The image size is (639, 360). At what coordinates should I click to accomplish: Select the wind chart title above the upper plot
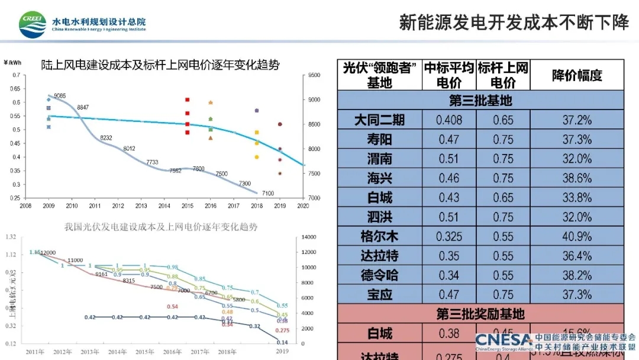coord(160,65)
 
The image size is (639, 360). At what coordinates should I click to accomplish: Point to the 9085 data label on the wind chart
coord(60,96)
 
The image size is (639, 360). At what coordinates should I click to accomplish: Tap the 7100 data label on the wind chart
coord(267,194)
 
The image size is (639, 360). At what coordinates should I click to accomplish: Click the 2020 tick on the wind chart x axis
coord(303,206)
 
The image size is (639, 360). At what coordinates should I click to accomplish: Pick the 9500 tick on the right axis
coord(314,75)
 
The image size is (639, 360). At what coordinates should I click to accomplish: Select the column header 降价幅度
coord(577,75)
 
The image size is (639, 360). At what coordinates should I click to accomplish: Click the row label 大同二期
coord(379,120)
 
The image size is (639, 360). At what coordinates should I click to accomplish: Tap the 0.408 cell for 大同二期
coord(448,120)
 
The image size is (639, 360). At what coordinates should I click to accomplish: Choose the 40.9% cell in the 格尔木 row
coord(577,237)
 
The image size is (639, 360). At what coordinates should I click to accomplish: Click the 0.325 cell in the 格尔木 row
coord(448,237)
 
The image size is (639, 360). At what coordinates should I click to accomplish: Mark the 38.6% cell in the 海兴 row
coord(577,178)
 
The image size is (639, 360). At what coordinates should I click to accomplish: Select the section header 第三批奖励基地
coord(480,314)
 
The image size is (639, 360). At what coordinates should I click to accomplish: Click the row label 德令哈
coord(379,275)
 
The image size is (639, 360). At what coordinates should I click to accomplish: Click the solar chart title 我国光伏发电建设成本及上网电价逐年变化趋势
coord(161,227)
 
